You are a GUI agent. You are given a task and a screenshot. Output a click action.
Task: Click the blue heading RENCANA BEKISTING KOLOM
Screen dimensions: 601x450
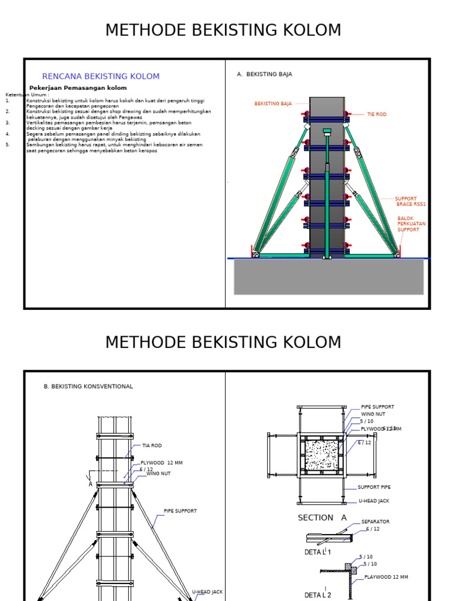pos(101,76)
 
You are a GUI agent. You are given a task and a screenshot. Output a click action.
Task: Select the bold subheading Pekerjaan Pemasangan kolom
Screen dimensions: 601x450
pos(78,88)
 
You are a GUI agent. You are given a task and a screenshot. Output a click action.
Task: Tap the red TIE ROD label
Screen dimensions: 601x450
pos(377,114)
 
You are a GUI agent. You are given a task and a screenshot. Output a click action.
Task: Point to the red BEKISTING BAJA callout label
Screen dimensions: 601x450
pos(272,104)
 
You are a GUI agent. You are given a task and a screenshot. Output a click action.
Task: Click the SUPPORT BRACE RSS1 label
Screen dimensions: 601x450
pos(410,201)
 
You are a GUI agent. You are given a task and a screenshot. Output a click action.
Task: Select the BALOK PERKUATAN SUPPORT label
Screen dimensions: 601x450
pos(411,224)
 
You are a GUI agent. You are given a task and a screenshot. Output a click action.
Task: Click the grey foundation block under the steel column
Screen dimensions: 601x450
pos(328,277)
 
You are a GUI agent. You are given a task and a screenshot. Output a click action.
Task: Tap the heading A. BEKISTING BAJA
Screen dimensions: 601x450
pos(264,75)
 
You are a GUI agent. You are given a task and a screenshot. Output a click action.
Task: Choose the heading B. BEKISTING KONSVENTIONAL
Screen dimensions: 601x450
pos(88,387)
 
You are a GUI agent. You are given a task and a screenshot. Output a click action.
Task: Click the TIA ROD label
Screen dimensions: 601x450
pos(151,445)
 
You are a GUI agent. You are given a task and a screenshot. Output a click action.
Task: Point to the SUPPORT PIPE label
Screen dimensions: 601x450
pos(374,487)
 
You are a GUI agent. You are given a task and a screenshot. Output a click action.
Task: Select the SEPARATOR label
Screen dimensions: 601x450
pos(375,522)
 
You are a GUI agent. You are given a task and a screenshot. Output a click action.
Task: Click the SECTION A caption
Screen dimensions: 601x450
pos(322,518)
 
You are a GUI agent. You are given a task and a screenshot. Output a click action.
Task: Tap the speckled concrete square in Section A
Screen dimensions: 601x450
pos(321,455)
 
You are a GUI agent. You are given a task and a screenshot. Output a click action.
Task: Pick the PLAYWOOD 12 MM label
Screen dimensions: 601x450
pos(386,578)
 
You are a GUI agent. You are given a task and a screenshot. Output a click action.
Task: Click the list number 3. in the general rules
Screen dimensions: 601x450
pos(8,123)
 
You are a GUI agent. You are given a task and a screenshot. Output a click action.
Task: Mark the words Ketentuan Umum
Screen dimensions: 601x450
pos(27,94)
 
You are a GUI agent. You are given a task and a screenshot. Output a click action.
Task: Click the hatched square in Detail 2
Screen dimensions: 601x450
pos(353,570)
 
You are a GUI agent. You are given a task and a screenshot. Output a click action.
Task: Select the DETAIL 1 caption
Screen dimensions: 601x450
pos(318,552)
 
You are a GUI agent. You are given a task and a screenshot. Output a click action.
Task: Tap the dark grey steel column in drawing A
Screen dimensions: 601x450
pos(326,176)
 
